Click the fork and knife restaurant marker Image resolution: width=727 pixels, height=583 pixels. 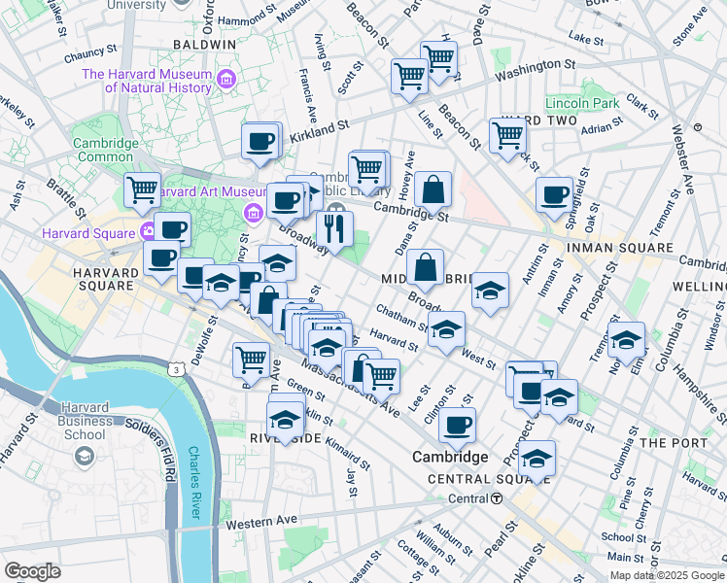pos(334,229)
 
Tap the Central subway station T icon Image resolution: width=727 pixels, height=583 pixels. pos(497,498)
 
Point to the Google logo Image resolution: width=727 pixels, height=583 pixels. pos(33,570)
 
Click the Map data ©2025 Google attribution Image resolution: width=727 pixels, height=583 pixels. pos(666,575)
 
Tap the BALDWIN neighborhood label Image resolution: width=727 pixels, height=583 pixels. pos(204,45)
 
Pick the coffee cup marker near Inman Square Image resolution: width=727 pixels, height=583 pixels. pos(554,194)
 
